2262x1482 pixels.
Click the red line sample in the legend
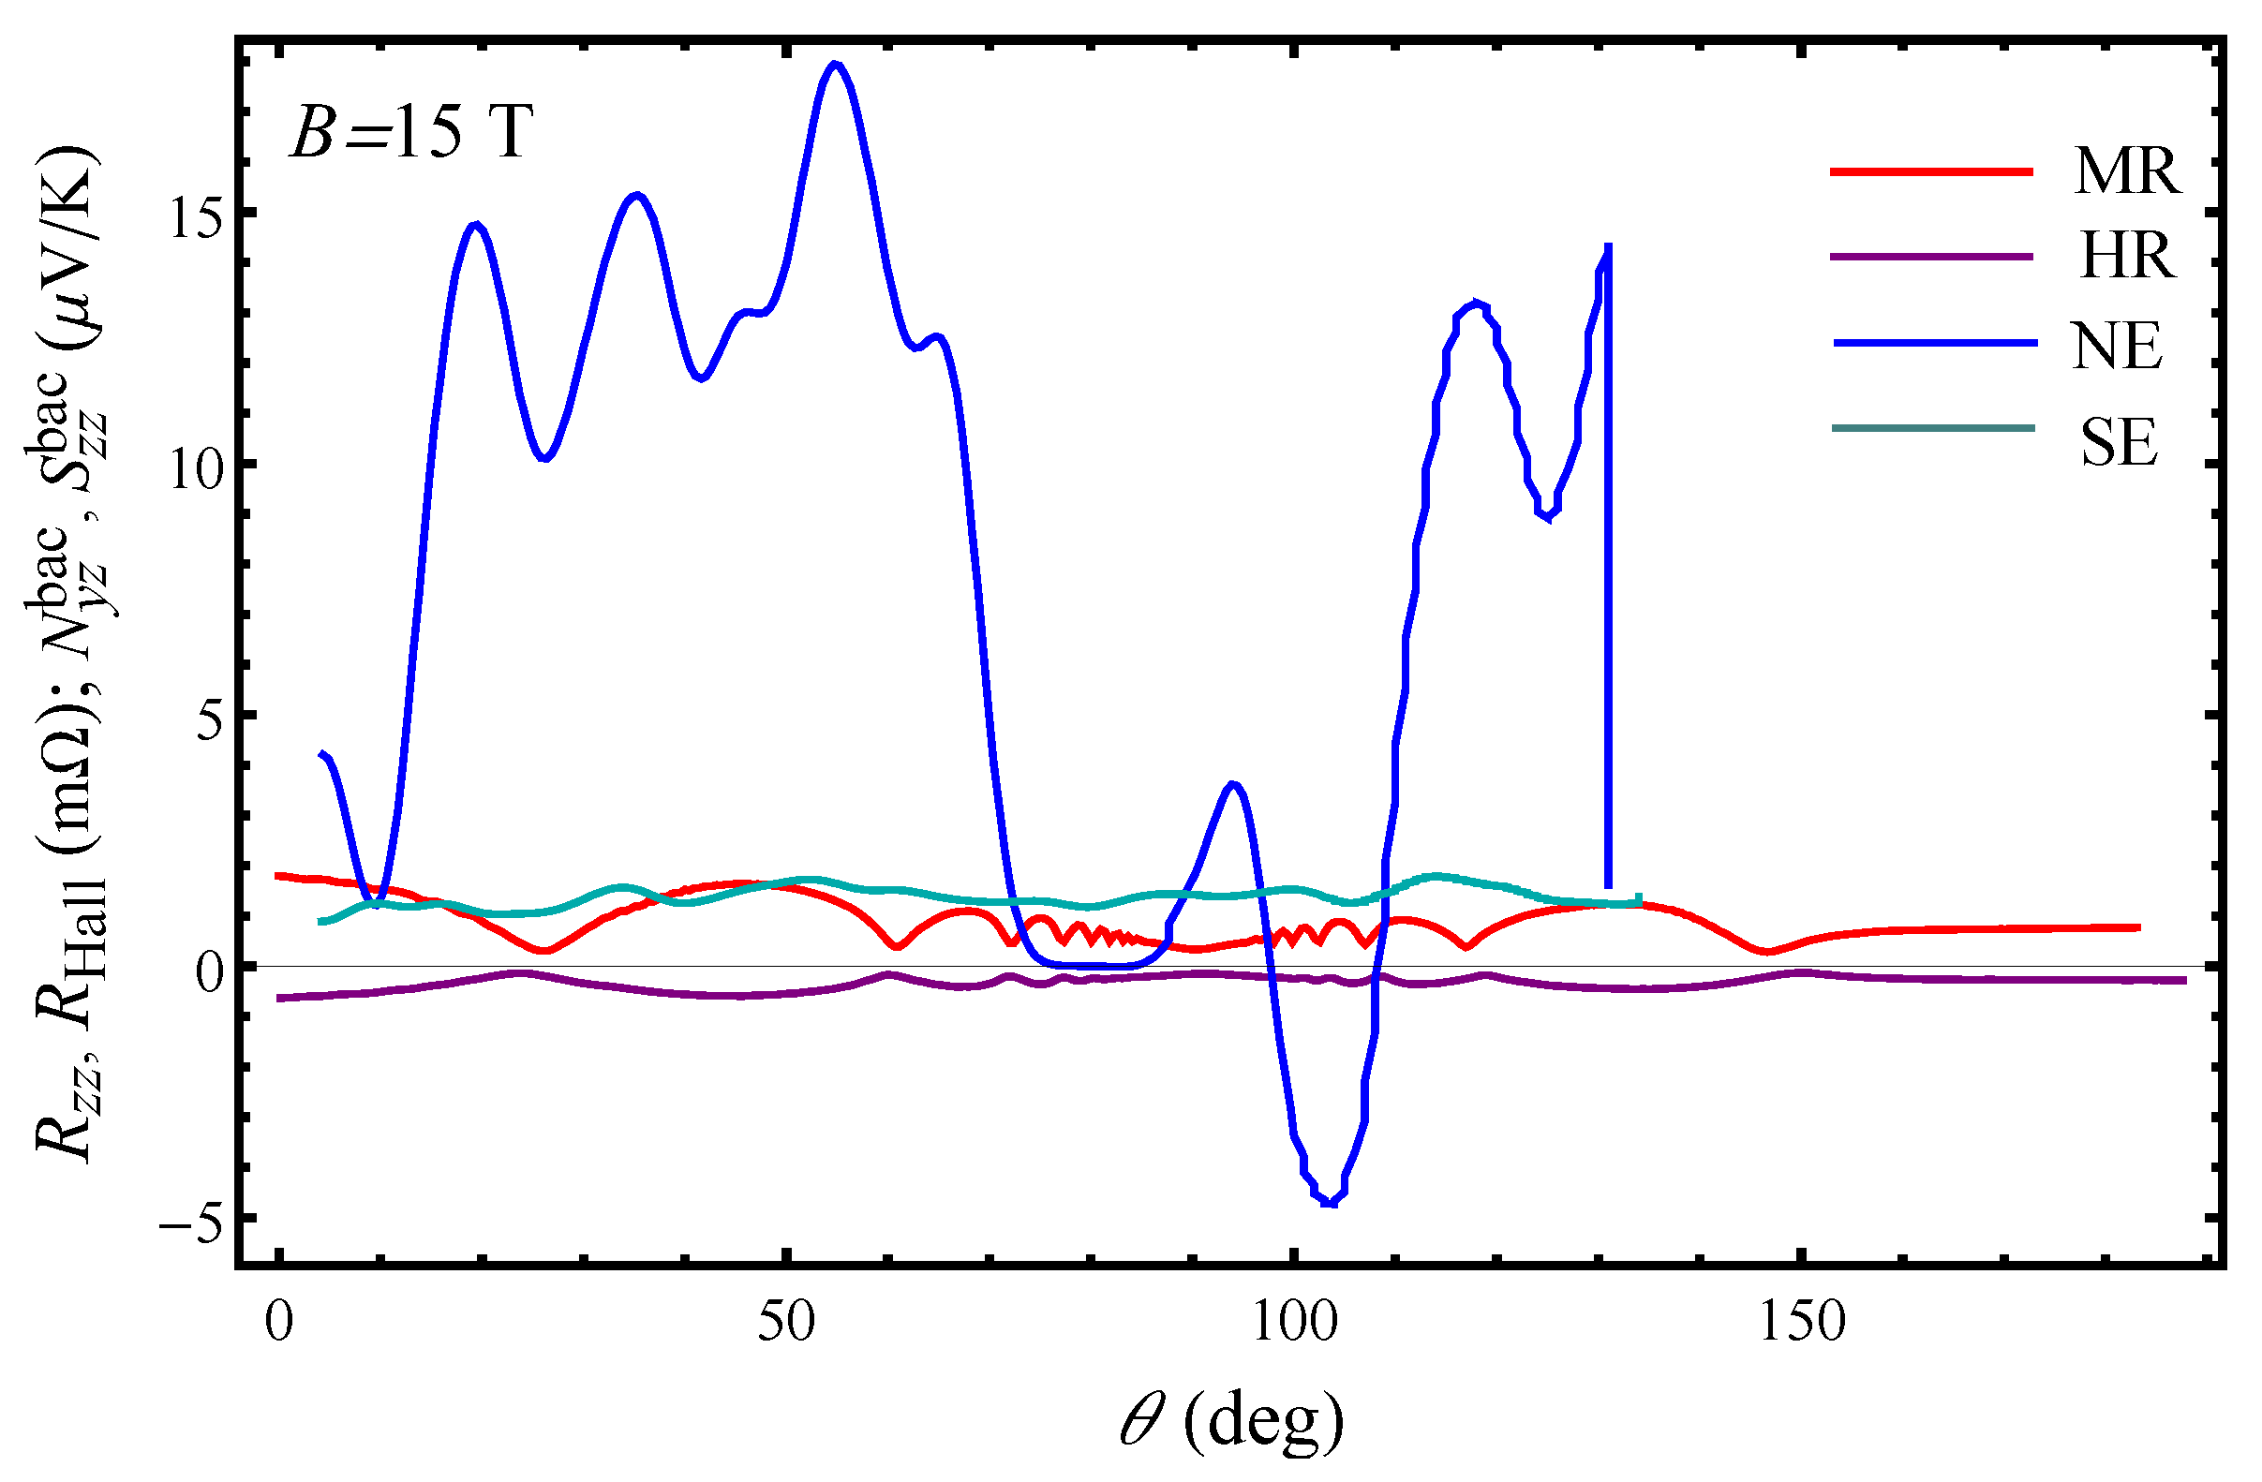(x=1930, y=172)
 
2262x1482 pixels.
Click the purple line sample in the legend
(x=1930, y=257)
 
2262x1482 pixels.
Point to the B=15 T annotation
(x=410, y=132)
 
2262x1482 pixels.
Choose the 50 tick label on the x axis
(x=786, y=1322)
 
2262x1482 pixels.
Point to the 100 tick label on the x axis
(x=1294, y=1322)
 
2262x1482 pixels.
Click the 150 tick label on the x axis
(x=1802, y=1322)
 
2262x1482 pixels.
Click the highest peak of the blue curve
(x=836, y=66)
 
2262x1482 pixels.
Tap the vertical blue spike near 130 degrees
(x=1608, y=570)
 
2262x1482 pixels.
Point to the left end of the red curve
(x=277, y=875)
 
